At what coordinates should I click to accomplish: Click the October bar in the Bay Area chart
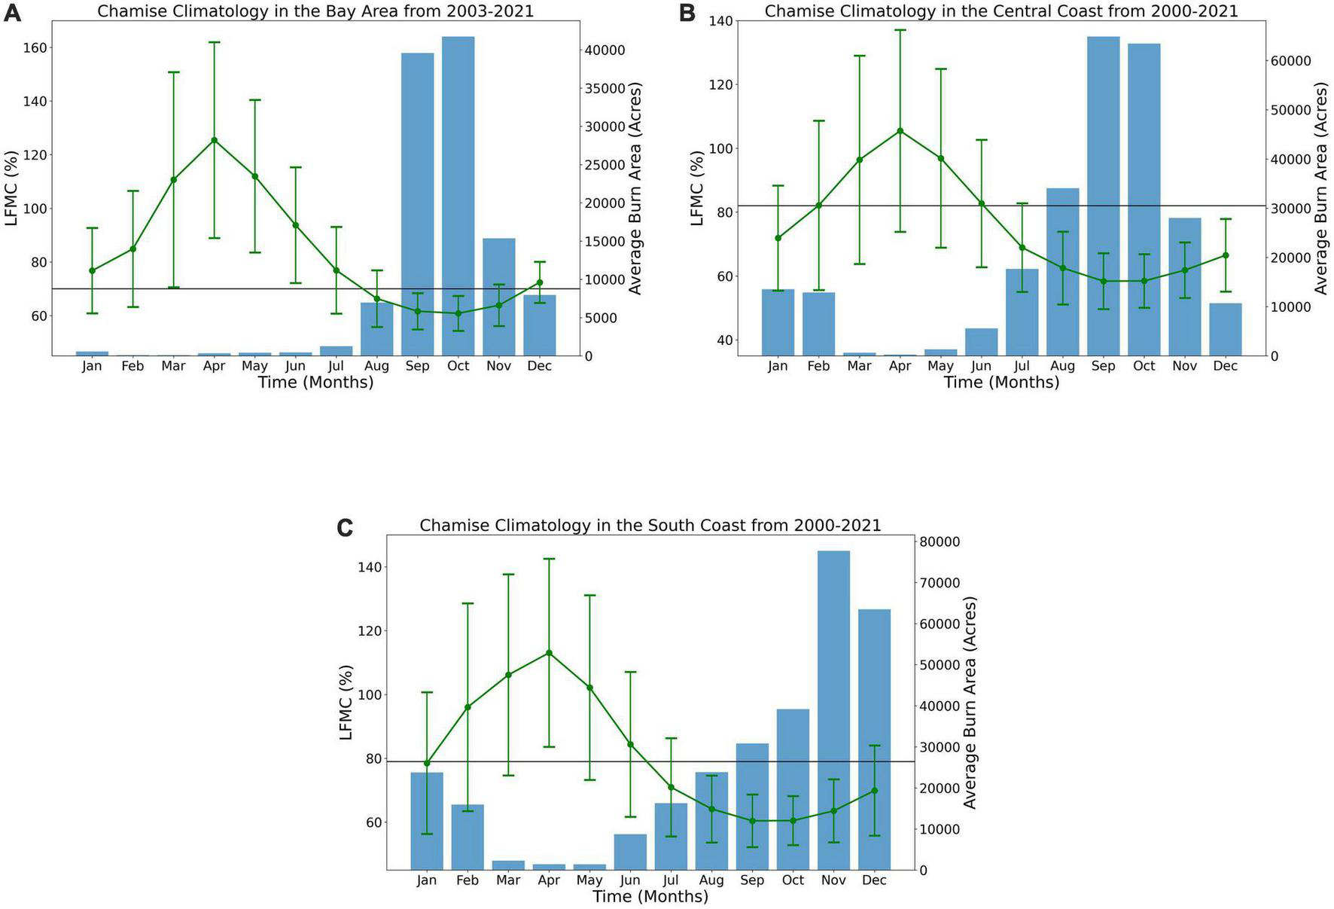[458, 196]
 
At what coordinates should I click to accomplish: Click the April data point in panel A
[215, 140]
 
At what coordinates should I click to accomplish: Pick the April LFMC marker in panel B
[900, 131]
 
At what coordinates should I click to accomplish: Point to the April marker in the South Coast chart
[549, 653]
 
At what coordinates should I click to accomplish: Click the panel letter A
[12, 14]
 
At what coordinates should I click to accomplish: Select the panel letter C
[345, 528]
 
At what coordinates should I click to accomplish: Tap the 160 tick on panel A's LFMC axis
[35, 47]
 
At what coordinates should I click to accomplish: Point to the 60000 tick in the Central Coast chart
[1290, 61]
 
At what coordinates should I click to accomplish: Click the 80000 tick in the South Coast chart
[938, 542]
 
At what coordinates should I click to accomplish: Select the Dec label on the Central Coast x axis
[1225, 366]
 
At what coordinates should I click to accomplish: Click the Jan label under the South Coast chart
[427, 880]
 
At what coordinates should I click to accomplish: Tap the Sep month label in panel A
[417, 366]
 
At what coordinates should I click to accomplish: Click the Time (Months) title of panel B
[1001, 383]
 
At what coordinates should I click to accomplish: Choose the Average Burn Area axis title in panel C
[970, 703]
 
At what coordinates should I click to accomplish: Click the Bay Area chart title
[315, 11]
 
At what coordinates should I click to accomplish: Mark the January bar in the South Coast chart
[427, 821]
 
